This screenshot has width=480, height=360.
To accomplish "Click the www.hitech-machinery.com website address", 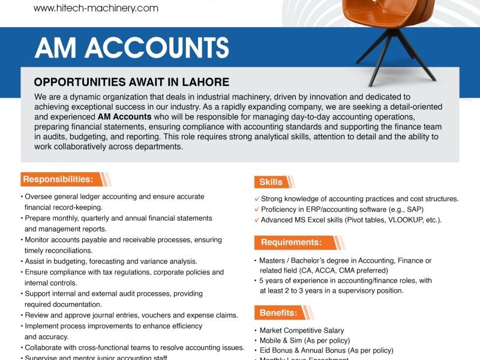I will click(96, 8).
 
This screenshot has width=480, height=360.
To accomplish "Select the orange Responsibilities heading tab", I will click(58, 179).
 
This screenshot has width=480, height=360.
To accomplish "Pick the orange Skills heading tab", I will click(271, 182).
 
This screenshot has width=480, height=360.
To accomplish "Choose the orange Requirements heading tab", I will click(290, 242).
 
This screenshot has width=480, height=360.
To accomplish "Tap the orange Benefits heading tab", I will click(278, 313).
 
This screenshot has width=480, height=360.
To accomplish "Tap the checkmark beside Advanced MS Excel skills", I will click(256, 220).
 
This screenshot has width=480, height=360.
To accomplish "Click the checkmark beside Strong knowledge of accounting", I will click(256, 199).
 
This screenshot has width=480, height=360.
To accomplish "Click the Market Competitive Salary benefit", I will click(301, 331).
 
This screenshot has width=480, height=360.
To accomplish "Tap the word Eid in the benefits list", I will click(265, 350).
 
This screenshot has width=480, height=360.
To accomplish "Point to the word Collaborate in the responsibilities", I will click(43, 347).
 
